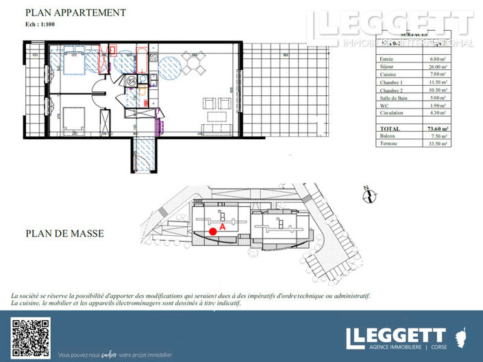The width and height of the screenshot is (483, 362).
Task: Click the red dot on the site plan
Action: [x=213, y=231]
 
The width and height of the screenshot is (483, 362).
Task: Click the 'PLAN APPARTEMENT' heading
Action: [x=75, y=12]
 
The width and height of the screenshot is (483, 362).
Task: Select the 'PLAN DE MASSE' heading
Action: [x=65, y=234]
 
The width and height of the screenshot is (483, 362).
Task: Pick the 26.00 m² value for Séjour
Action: [x=434, y=67]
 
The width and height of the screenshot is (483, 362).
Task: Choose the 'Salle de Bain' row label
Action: [x=393, y=97]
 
